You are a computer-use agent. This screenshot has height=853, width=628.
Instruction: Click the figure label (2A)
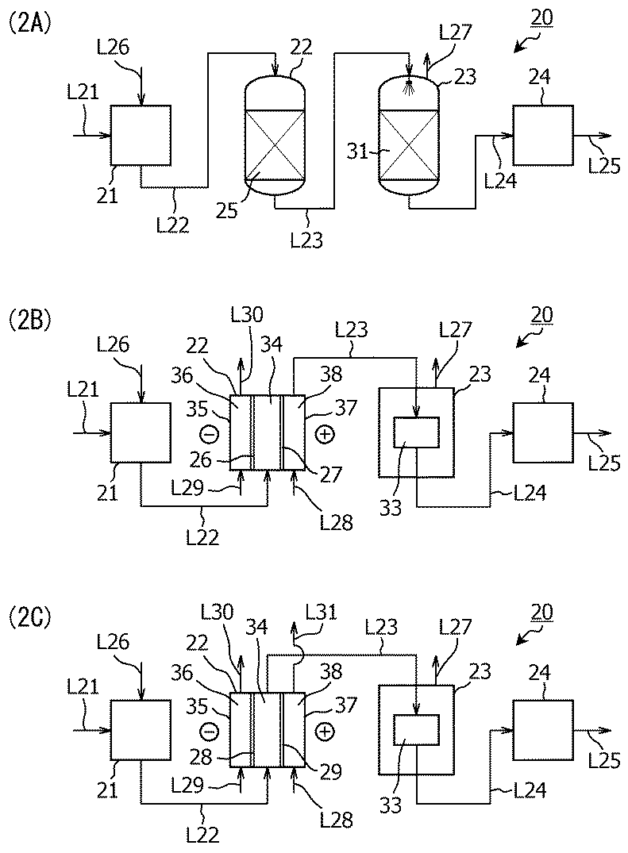pyautogui.click(x=30, y=25)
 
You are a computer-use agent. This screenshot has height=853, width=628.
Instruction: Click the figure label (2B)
pyautogui.click(x=30, y=321)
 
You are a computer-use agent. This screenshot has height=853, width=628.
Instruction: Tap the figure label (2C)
pyautogui.click(x=30, y=619)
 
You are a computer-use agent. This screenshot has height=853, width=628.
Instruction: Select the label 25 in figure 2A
pyautogui.click(x=226, y=210)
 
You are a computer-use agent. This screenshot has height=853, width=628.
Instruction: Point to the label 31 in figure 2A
pyautogui.click(x=357, y=152)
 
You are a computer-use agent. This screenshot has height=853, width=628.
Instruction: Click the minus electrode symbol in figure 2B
pyautogui.click(x=210, y=433)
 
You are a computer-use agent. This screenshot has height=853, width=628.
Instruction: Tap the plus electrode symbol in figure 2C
pyautogui.click(x=325, y=731)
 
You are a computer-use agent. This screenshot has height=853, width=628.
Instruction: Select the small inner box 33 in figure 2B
pyautogui.click(x=416, y=432)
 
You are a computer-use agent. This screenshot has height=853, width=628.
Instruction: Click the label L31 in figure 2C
pyautogui.click(x=321, y=612)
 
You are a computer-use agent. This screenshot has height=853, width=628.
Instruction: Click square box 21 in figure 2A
pyautogui.click(x=141, y=135)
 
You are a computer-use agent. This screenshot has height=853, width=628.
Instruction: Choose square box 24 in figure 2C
pyautogui.click(x=542, y=730)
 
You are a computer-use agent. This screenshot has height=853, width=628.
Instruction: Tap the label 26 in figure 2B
pyautogui.click(x=200, y=459)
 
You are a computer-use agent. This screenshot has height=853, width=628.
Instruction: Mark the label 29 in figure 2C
pyautogui.click(x=330, y=770)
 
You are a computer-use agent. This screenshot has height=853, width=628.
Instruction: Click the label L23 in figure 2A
pyautogui.click(x=306, y=240)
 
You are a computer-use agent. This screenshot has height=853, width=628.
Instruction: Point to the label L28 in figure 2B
pyautogui.click(x=337, y=522)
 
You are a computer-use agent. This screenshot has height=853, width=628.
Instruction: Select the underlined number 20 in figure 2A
pyautogui.click(x=541, y=18)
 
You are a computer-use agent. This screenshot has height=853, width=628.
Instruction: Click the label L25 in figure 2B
pyautogui.click(x=605, y=463)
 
